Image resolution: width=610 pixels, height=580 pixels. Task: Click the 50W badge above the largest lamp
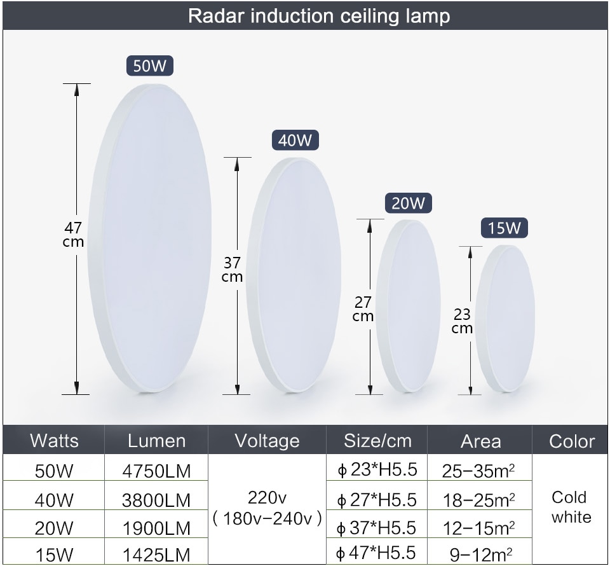150,66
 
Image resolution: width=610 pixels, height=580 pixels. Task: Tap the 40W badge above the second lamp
295,140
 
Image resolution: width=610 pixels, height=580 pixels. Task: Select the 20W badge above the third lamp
409,203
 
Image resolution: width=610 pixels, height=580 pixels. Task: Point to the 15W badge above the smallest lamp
505,228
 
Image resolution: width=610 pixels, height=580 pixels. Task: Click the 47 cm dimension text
73,234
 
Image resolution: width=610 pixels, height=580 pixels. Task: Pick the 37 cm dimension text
233,270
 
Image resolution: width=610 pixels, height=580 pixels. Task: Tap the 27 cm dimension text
363,308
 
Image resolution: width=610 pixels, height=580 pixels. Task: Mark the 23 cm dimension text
462,321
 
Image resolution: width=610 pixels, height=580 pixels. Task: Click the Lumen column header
156,441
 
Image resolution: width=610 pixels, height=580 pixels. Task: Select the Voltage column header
268,441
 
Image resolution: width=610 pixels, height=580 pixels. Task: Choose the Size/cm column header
377,441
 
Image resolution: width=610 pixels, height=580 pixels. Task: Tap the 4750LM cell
156,471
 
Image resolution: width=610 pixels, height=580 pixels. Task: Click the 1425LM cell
156,555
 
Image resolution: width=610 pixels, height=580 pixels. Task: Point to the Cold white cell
571,507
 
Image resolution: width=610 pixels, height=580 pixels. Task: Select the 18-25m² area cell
479,501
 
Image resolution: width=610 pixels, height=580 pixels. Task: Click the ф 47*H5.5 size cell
376,553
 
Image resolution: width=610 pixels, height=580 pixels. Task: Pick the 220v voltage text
268,497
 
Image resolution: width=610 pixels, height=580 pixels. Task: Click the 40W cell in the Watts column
53,501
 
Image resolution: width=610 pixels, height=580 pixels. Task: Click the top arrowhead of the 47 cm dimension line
77,90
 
